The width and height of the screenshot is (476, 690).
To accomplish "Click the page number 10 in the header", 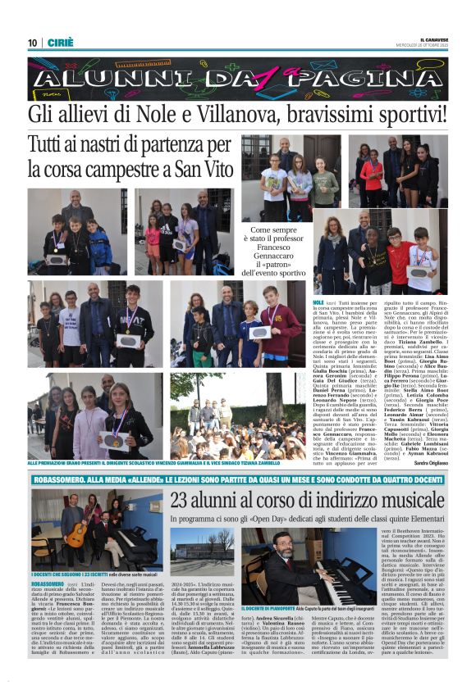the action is (x=32, y=43).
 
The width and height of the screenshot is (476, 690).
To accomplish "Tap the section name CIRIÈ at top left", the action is (x=58, y=43).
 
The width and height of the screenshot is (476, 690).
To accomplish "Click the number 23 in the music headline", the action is (x=181, y=500).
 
